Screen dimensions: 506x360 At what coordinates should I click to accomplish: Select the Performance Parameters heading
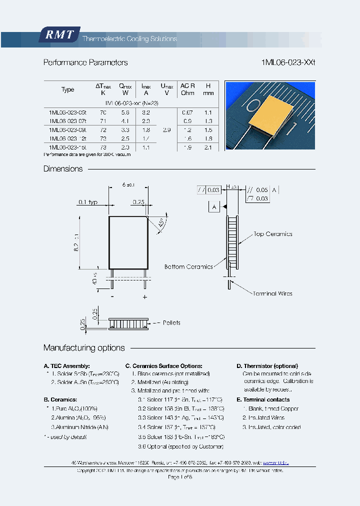[x=85, y=62]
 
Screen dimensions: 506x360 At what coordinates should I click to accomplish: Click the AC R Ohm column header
[x=187, y=89]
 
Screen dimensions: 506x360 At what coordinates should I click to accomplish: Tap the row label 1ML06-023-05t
[x=67, y=113]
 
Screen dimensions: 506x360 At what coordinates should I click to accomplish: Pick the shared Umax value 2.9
[x=166, y=130]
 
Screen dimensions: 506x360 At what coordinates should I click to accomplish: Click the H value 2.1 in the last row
[x=208, y=147]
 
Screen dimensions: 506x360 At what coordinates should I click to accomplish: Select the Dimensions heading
[x=63, y=169]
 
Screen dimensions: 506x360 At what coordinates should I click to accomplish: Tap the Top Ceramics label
[x=272, y=234]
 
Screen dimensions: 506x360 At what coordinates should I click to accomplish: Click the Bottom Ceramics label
[x=188, y=267]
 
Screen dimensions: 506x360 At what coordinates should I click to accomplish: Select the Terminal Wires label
[x=272, y=293]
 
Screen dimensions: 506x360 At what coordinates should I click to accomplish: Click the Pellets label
[x=171, y=323]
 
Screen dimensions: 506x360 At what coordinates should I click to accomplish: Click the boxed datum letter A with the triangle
[x=214, y=206]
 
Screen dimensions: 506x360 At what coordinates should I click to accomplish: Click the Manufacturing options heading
[x=84, y=348]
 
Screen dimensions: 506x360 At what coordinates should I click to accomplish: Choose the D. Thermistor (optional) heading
[x=267, y=366]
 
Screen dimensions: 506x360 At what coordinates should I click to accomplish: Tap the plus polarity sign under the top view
[x=145, y=296]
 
